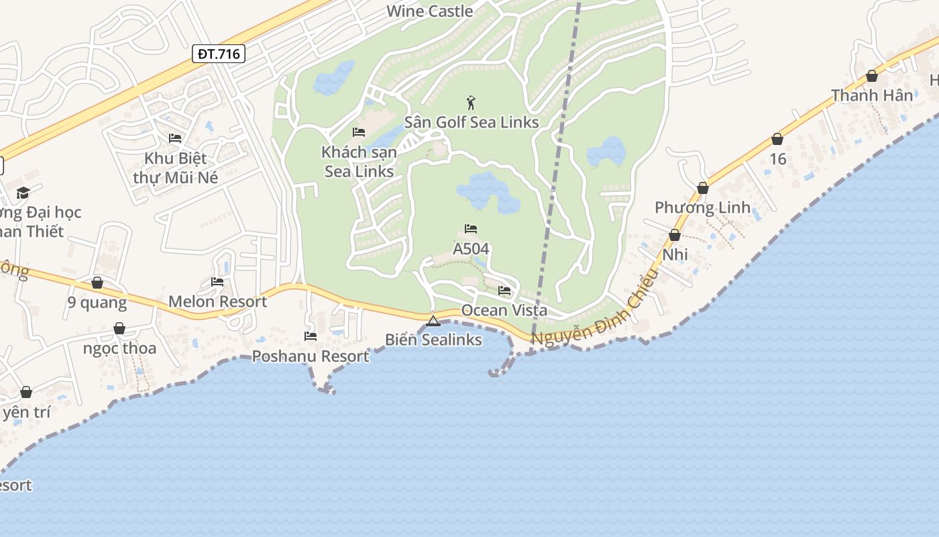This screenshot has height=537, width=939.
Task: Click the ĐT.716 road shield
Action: pyautogui.click(x=219, y=54)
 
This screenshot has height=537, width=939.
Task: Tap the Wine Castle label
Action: pyautogui.click(x=430, y=11)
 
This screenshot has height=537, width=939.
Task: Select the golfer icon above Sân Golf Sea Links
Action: pyautogui.click(x=472, y=103)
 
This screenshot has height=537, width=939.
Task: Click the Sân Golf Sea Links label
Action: pyautogui.click(x=472, y=121)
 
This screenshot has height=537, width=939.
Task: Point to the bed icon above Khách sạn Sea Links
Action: pyautogui.click(x=359, y=132)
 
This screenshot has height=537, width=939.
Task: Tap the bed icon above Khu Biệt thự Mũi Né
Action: pyautogui.click(x=176, y=138)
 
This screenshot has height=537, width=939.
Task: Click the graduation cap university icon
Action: pyautogui.click(x=23, y=193)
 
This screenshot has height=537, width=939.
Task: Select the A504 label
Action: pyautogui.click(x=471, y=249)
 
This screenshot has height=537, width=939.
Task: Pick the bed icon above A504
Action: pyautogui.click(x=471, y=229)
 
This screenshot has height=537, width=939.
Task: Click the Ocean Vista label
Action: pyautogui.click(x=504, y=310)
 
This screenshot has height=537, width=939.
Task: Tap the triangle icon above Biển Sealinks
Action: pyautogui.click(x=433, y=321)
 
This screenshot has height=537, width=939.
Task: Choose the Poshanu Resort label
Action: pyautogui.click(x=311, y=356)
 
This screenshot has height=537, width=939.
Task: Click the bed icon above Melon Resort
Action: pyautogui.click(x=217, y=282)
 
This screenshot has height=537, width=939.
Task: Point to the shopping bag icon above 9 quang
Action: pyautogui.click(x=97, y=283)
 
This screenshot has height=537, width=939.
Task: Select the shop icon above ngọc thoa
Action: pyautogui.click(x=119, y=328)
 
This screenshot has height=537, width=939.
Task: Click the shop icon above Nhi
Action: pyautogui.click(x=675, y=235)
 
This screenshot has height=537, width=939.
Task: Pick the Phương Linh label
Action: pyautogui.click(x=702, y=207)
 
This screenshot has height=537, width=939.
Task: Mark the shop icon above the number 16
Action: pyautogui.click(x=777, y=139)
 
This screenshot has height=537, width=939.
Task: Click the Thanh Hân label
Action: pyautogui.click(x=872, y=95)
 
